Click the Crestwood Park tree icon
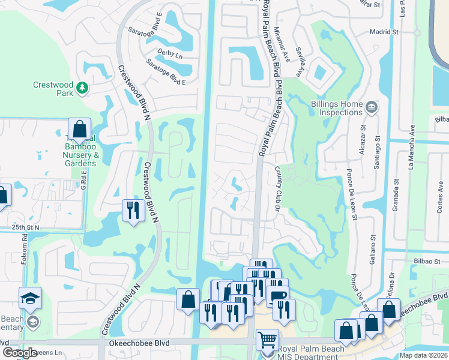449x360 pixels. [82, 89]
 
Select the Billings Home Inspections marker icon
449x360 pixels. [371, 108]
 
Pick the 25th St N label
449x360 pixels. [24, 228]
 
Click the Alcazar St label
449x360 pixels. [362, 140]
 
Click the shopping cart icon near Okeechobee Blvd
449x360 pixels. [267, 340]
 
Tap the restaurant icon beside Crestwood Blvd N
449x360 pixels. [133, 210]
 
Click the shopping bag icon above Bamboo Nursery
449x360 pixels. [79, 129]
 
